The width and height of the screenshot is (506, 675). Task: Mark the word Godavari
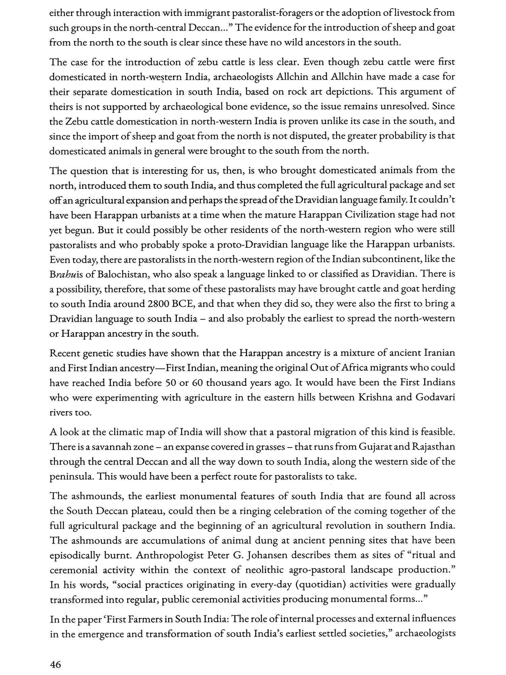click(x=435, y=397)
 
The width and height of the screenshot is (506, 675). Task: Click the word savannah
click(x=95, y=447)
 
